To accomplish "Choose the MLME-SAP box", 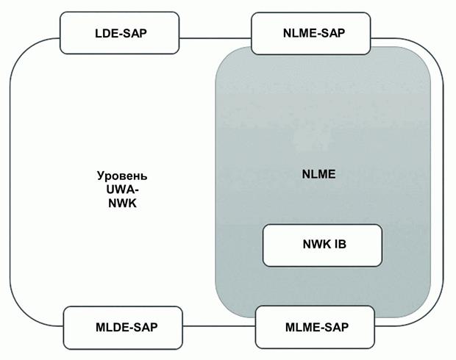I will tap(315, 326).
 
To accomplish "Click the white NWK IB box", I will tap(322, 245).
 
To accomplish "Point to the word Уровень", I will tap(122, 177).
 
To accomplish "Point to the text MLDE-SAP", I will tap(121, 326).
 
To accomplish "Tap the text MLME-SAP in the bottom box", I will tap(315, 326).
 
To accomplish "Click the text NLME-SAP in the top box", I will tap(313, 32).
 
